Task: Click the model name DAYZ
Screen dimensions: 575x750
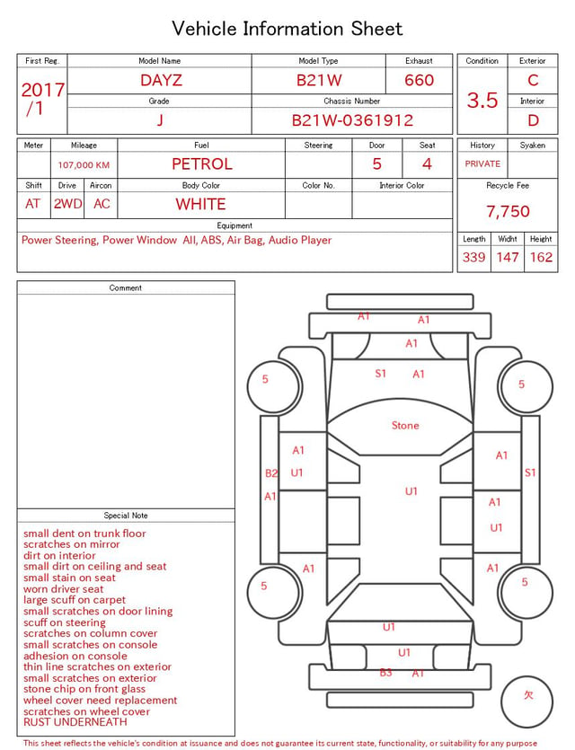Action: point(161,80)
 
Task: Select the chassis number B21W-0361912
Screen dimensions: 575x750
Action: point(352,120)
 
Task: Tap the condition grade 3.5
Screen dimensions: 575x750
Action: point(482,100)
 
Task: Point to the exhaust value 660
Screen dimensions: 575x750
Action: point(419,80)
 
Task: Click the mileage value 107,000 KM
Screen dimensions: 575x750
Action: point(84,165)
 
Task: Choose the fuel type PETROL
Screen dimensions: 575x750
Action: point(202,164)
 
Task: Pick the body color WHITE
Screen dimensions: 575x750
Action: point(200,204)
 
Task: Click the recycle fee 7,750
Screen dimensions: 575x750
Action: point(508,211)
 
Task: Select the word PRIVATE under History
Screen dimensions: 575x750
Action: point(482,163)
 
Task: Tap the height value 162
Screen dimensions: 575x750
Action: point(541,257)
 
